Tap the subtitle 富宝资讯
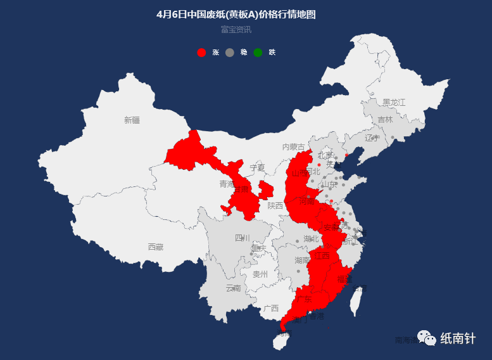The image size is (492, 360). click(236, 29)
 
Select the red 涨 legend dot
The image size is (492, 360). click(201, 53)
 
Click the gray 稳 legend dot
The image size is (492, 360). click(229, 53)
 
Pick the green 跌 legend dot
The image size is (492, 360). click(258, 53)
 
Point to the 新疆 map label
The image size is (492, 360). click(132, 120)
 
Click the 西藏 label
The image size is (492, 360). click(155, 247)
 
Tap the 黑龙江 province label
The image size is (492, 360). click(393, 102)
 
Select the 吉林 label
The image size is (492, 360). click(385, 119)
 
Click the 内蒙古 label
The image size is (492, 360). click(293, 147)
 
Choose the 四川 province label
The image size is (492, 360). click(243, 238)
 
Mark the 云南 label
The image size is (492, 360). click(233, 288)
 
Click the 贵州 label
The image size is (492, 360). click(260, 274)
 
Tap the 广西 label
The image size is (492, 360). click(271, 308)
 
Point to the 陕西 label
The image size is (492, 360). click(275, 205)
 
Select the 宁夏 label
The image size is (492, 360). click(257, 168)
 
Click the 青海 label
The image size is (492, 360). click(227, 184)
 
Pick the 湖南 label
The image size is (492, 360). click(302, 260)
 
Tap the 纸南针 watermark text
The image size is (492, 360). click(458, 339)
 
